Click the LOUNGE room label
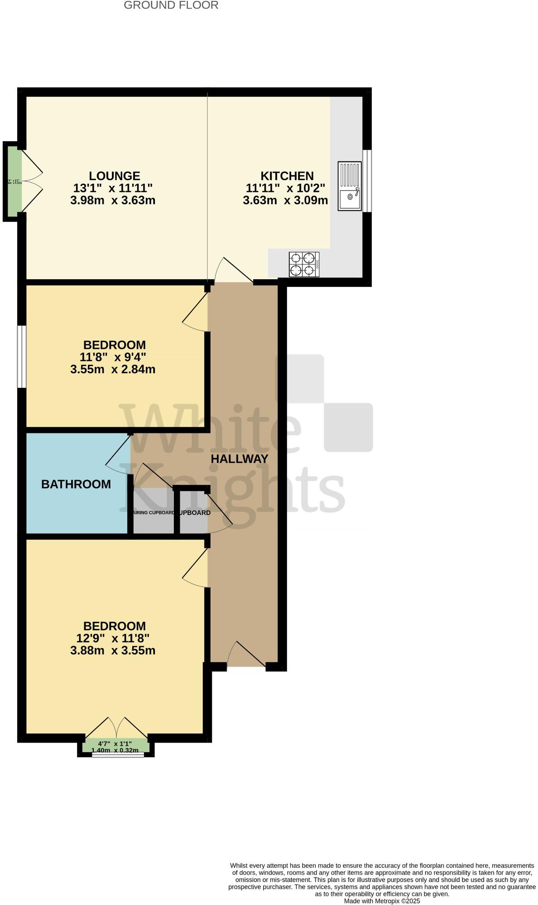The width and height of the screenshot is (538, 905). click(x=114, y=176)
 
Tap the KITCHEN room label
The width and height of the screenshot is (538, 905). click(x=287, y=176)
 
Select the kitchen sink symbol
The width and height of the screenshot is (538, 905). click(x=349, y=186)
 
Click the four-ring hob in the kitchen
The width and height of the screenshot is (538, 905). click(x=304, y=264)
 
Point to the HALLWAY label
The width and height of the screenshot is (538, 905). click(x=240, y=458)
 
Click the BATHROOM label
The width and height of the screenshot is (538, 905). click(x=76, y=484)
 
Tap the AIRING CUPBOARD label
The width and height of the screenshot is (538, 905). click(x=153, y=513)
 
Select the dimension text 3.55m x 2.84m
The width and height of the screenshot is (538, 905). click(x=113, y=369)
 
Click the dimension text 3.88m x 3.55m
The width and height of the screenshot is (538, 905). click(x=113, y=651)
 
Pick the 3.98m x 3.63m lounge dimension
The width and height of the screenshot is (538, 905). click(x=113, y=200)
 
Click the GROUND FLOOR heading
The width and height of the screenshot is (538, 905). click(x=171, y=5)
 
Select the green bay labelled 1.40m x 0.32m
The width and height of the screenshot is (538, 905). click(x=115, y=746)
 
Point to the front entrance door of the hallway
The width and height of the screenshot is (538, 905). click(x=246, y=655)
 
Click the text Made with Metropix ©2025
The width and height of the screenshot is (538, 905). click(x=382, y=901)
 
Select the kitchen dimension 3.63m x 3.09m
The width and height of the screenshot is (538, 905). click(x=285, y=200)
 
